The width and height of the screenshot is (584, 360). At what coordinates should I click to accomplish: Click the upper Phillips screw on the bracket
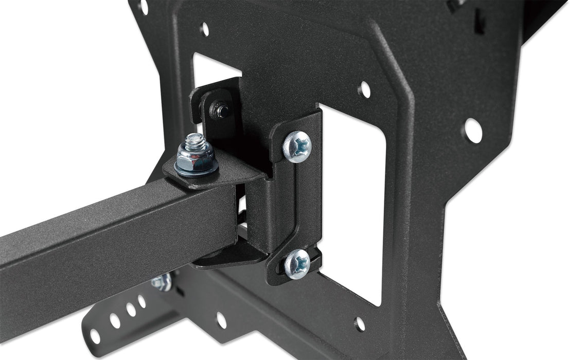[297, 147]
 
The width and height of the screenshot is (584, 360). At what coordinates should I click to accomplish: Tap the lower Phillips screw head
[297, 264]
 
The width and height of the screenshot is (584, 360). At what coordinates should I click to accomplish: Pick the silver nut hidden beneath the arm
[162, 282]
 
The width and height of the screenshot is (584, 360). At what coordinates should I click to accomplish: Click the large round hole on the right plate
[472, 130]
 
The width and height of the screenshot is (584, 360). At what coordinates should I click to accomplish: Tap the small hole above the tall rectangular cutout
[364, 89]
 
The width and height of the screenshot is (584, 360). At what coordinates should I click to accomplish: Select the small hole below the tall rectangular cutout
[360, 323]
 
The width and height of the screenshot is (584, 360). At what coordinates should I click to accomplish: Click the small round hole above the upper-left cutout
[204, 29]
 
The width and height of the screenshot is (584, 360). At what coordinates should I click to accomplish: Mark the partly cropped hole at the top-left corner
[143, 6]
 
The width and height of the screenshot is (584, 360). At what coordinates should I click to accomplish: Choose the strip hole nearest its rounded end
[95, 337]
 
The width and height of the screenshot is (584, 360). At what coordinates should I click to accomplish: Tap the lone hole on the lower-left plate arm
[221, 320]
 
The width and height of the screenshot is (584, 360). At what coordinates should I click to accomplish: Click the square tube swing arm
[103, 231]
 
